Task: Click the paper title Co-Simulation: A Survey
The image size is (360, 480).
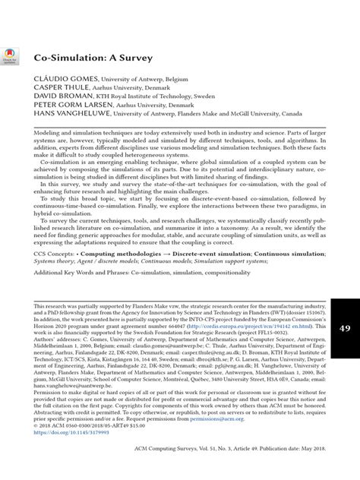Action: click(83, 57)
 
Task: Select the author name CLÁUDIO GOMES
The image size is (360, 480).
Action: click(56, 79)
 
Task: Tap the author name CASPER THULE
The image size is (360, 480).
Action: click(53, 89)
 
